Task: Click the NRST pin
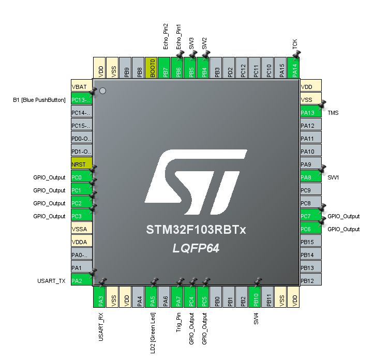(x=81, y=164)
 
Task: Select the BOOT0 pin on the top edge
(x=151, y=67)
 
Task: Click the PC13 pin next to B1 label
(x=81, y=100)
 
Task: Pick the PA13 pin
(x=311, y=113)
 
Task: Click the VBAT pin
(x=81, y=87)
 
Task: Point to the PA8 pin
(x=311, y=177)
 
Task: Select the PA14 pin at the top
(x=294, y=67)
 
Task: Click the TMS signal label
(x=333, y=113)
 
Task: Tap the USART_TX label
(x=51, y=281)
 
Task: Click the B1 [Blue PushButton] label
(x=39, y=100)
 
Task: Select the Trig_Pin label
(x=178, y=322)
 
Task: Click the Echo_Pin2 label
(x=165, y=36)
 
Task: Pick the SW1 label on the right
(x=333, y=177)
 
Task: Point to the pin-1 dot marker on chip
(x=102, y=91)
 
